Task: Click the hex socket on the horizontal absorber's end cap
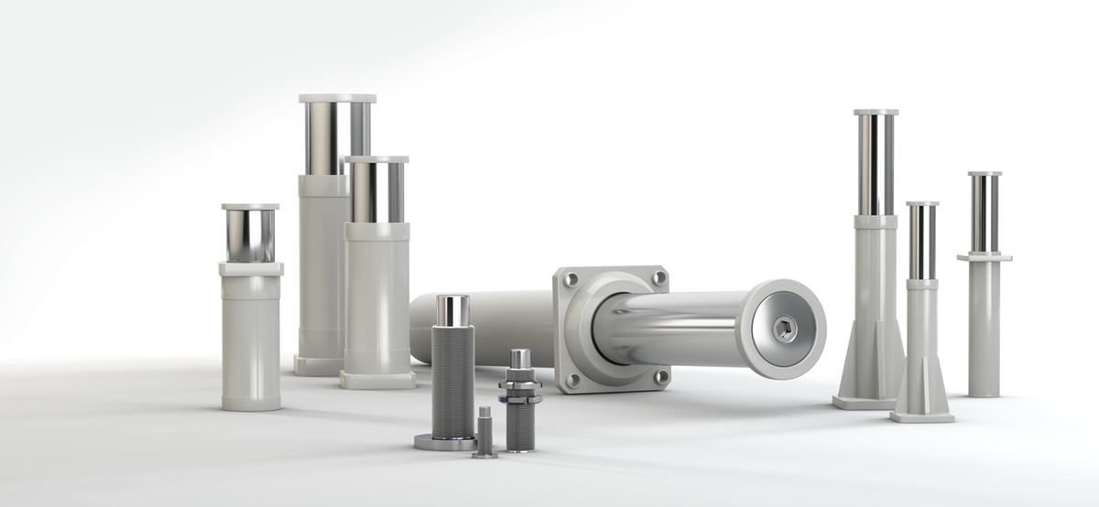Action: (x=784, y=329)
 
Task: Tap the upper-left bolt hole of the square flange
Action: (x=571, y=280)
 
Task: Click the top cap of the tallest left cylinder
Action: (x=337, y=98)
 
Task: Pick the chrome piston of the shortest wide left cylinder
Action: (x=249, y=236)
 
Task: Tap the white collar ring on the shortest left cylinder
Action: (x=251, y=269)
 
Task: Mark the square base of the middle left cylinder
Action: (x=377, y=379)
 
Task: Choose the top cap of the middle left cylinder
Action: (x=376, y=159)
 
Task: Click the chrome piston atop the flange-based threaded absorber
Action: (x=452, y=310)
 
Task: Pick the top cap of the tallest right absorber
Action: (x=876, y=113)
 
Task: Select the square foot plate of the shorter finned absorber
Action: (x=921, y=417)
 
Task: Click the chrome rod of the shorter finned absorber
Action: (x=922, y=243)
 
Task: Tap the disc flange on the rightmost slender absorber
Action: (x=985, y=258)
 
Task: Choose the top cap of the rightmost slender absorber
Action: (x=985, y=173)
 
